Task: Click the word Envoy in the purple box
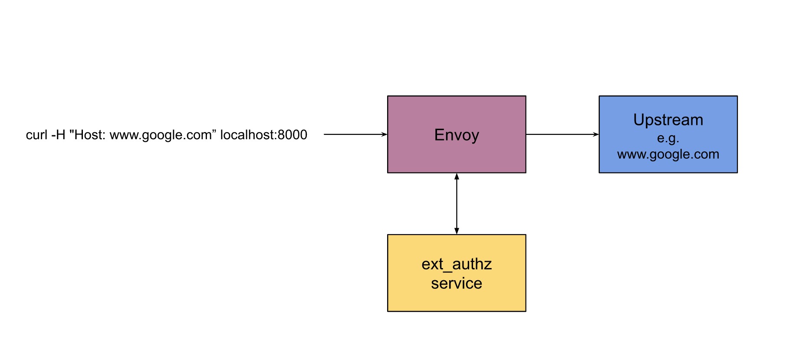pos(457,135)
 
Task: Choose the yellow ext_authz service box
pos(457,299)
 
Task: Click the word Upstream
pos(668,120)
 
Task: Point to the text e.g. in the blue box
pos(668,138)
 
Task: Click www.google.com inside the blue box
pos(668,154)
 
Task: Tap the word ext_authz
pos(457,264)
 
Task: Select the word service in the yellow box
pos(457,283)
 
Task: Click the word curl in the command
pos(36,135)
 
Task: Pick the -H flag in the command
pos(58,135)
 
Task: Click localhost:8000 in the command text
pos(263,135)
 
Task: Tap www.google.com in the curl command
pos(160,135)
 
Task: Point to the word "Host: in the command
pos(87,135)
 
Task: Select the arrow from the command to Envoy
pos(354,134)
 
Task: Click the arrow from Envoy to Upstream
pos(562,134)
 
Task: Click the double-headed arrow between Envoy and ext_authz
pos(457,204)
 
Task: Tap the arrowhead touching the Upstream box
pos(596,134)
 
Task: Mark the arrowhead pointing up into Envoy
pos(457,176)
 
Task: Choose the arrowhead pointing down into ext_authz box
pos(457,231)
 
